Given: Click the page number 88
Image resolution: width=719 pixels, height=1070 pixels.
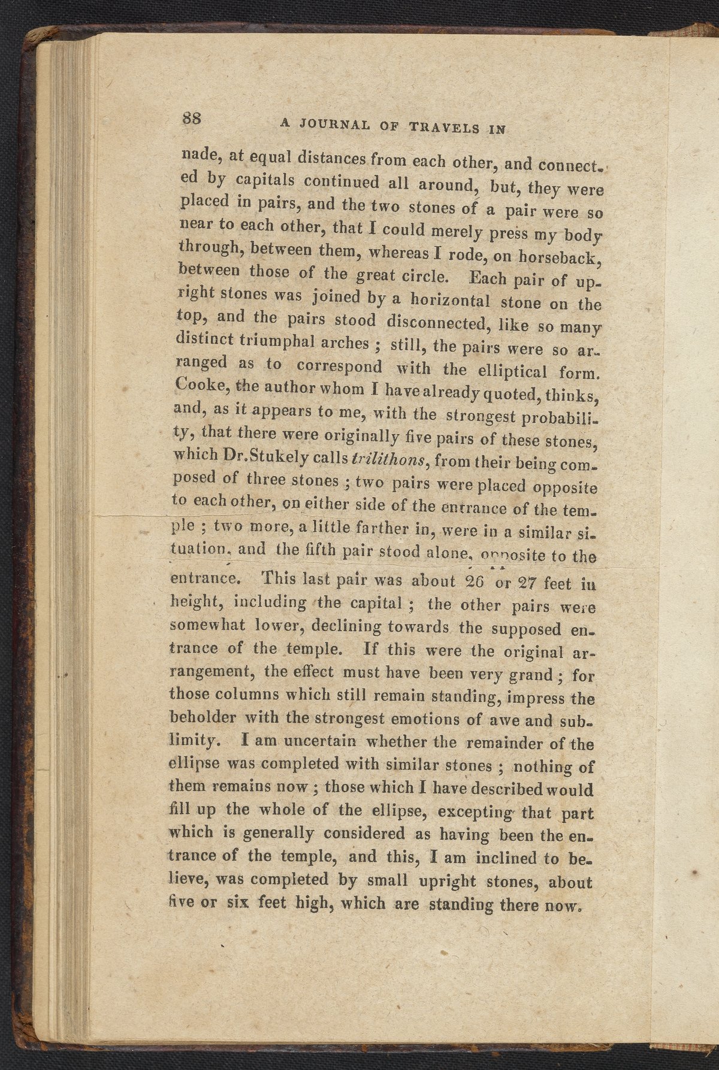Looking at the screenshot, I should (x=194, y=118).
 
